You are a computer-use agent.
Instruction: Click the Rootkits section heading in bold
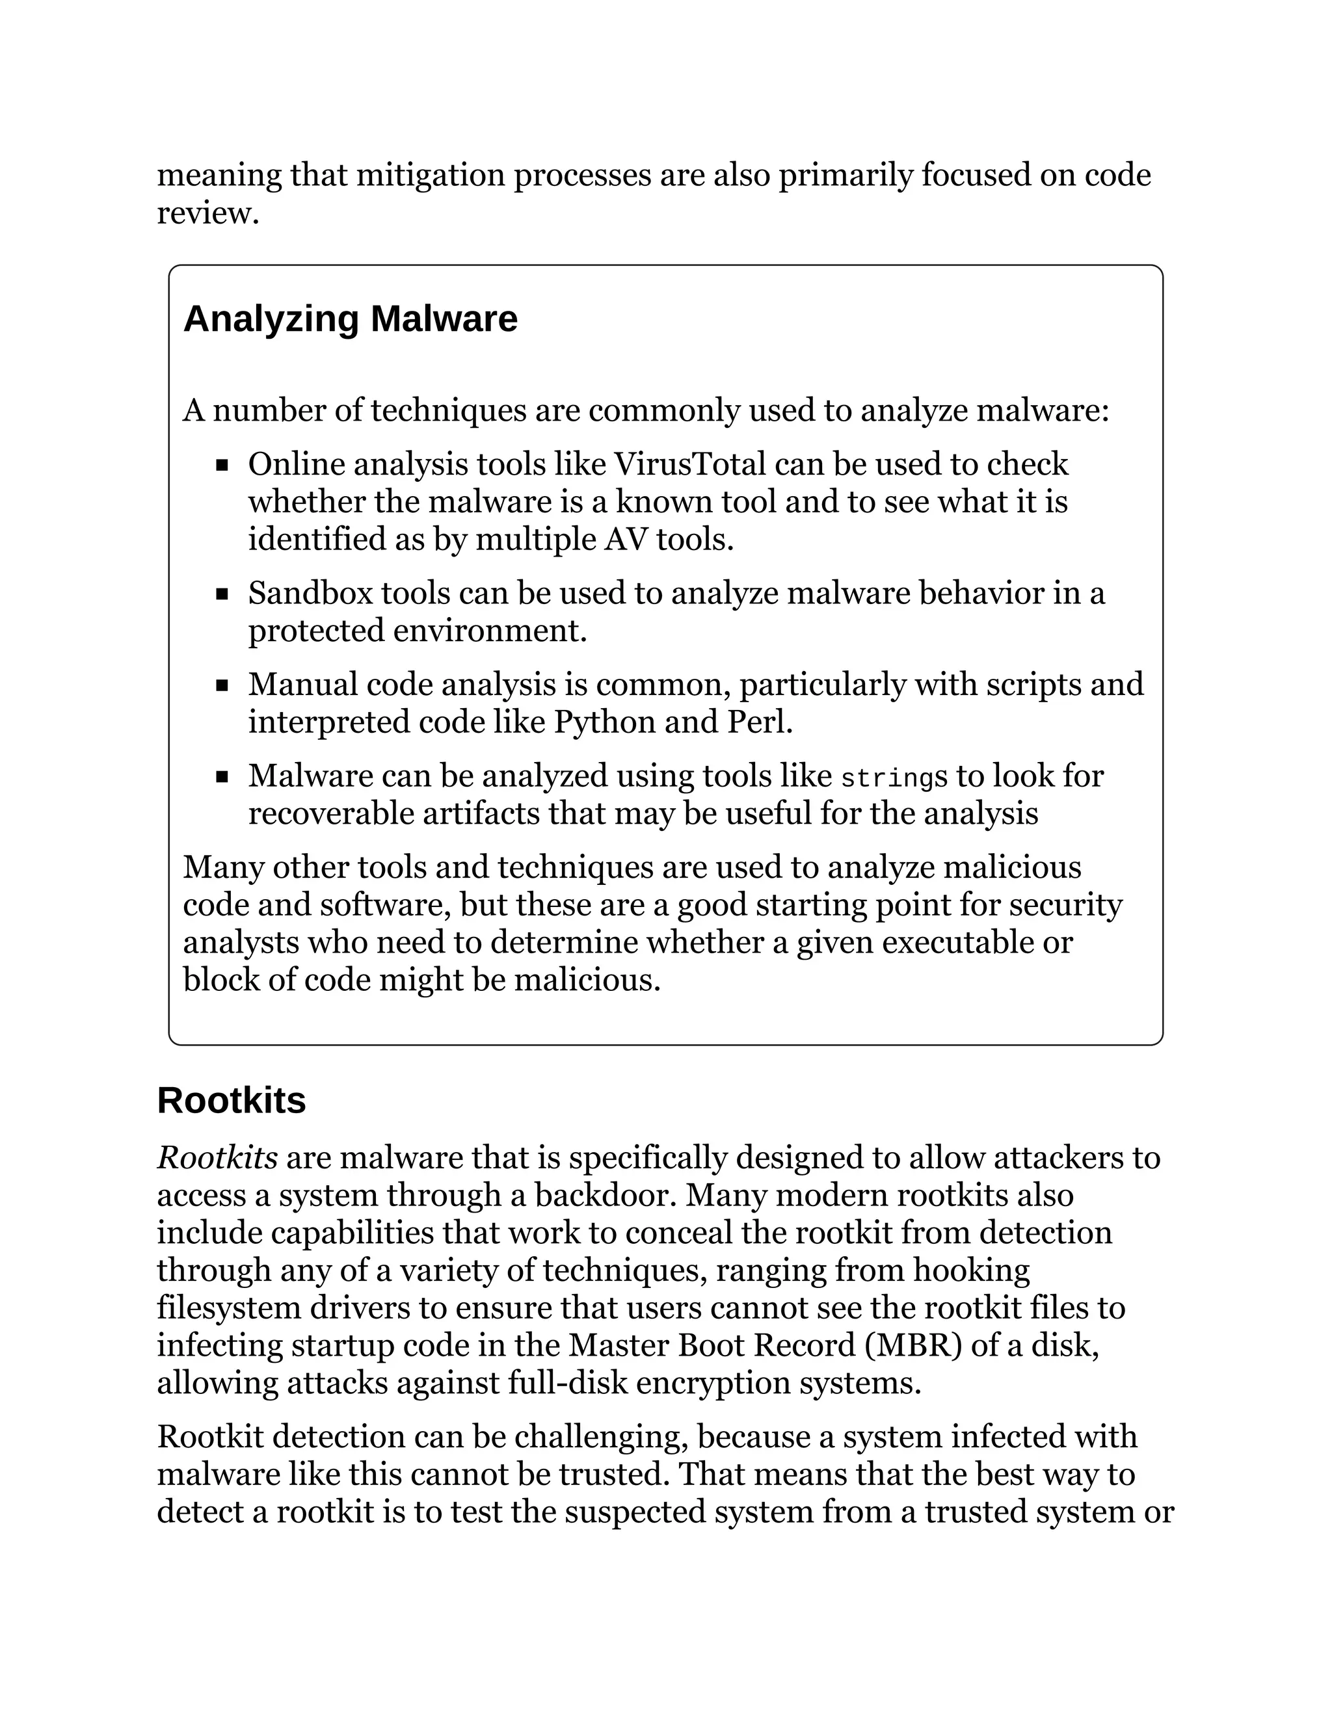point(231,1101)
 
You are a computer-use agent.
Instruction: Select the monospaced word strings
point(893,777)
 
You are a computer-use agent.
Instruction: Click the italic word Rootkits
point(217,1158)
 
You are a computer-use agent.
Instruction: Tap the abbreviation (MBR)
point(913,1345)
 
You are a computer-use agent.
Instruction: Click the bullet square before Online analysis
point(222,466)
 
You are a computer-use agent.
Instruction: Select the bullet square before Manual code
point(222,685)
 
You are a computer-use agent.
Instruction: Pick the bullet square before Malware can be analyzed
point(222,777)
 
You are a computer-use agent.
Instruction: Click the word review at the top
point(207,213)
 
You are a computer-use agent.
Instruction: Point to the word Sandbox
point(310,593)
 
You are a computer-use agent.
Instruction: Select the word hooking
point(972,1270)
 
